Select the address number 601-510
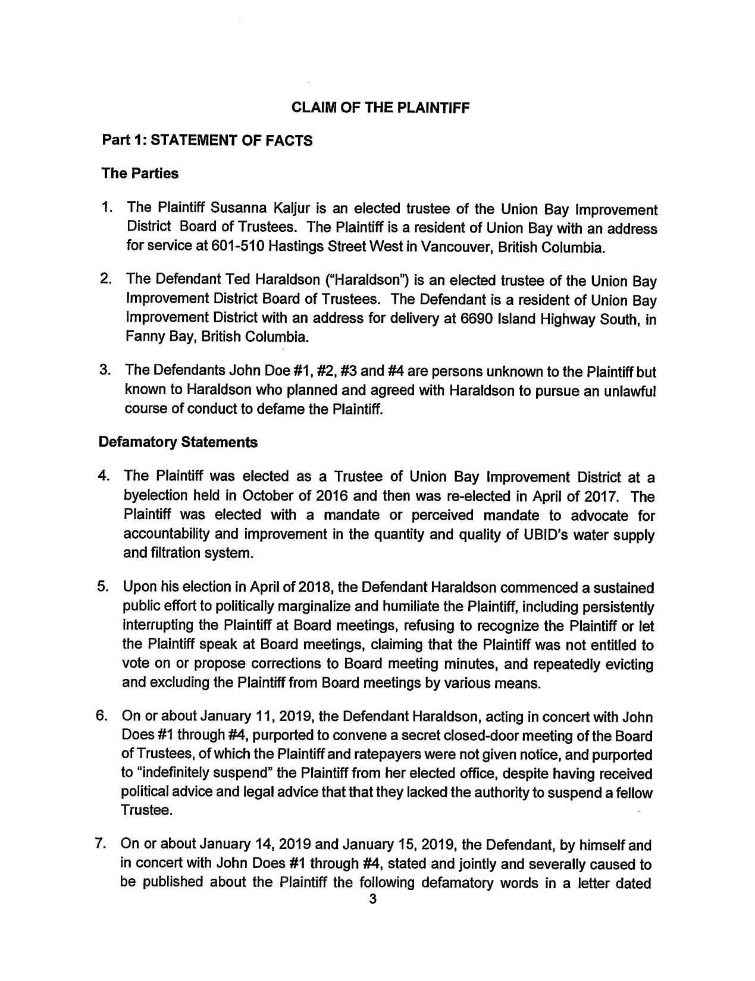click(x=229, y=247)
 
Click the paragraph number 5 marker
click(x=102, y=588)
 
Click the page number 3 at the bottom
click(x=373, y=916)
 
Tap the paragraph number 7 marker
click(x=102, y=845)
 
